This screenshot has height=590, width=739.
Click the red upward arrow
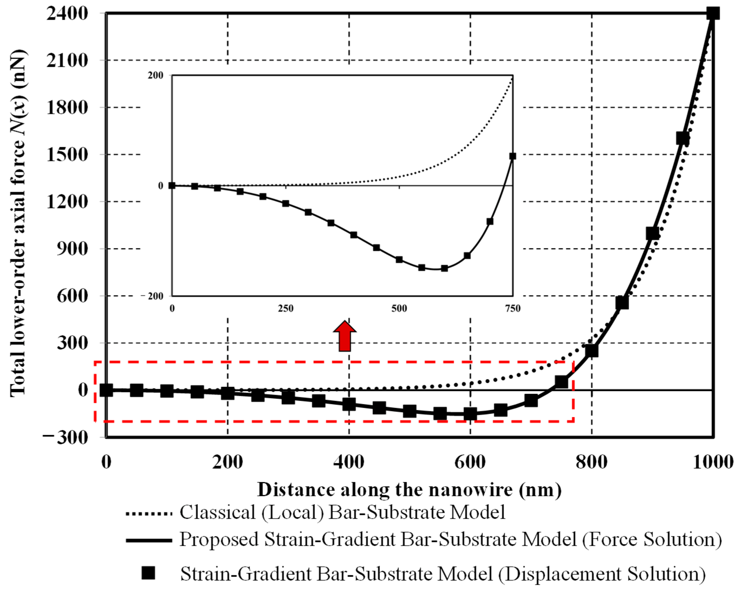click(344, 337)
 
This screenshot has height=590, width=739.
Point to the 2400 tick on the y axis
click(67, 14)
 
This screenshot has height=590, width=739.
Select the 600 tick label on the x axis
click(470, 462)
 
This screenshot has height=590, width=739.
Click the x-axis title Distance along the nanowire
click(410, 489)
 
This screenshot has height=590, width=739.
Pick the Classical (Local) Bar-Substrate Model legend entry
click(342, 513)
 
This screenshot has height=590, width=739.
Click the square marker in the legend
click(148, 573)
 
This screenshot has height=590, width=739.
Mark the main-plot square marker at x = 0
click(106, 390)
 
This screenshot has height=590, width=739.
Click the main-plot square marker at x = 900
click(652, 233)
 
